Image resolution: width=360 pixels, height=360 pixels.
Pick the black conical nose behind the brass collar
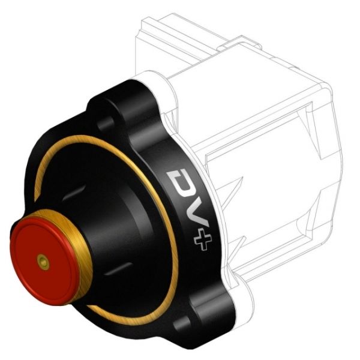click(x=108, y=216)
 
